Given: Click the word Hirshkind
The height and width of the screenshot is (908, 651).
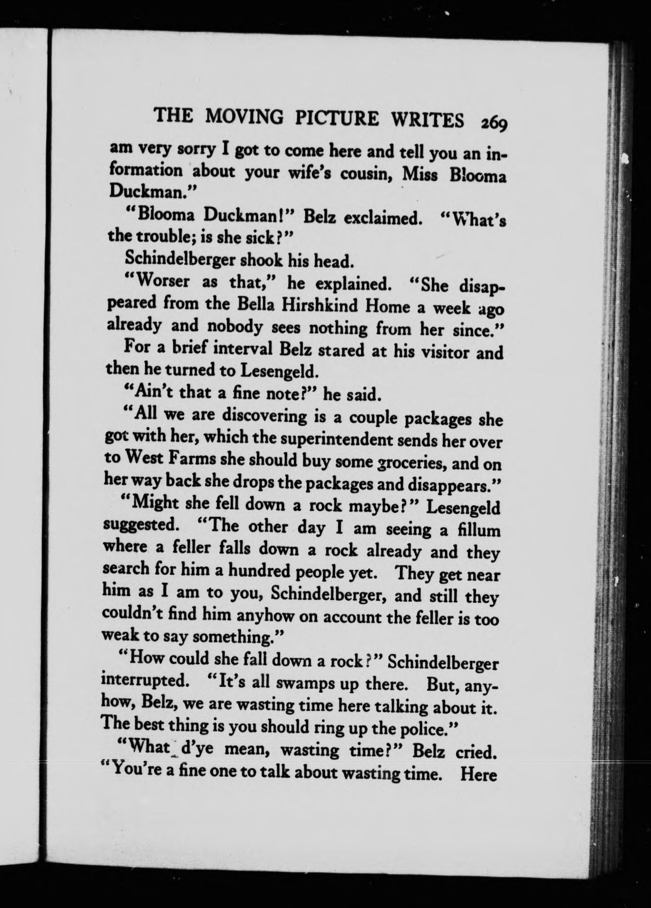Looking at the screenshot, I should tap(320, 305).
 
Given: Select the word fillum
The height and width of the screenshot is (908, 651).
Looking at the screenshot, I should tap(477, 530).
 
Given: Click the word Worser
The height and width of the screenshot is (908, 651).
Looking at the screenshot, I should tap(160, 281).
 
